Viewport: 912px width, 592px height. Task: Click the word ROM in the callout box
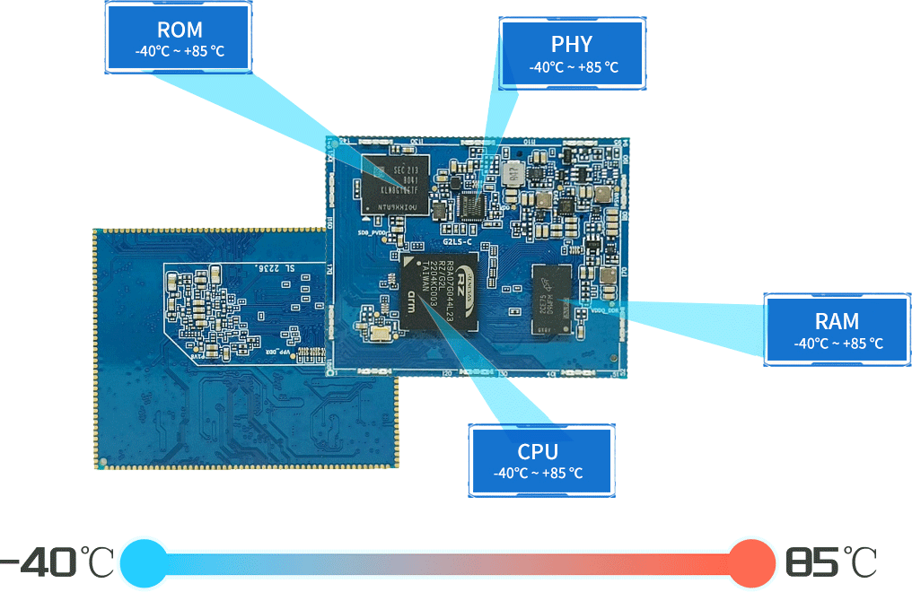tap(179, 30)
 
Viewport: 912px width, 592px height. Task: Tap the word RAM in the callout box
tap(837, 321)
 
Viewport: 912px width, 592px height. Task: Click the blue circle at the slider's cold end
tap(143, 563)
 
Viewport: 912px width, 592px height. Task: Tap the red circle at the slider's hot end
tap(750, 563)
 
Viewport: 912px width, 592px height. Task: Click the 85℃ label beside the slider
tap(830, 563)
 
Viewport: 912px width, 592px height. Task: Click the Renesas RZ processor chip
tap(440, 295)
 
